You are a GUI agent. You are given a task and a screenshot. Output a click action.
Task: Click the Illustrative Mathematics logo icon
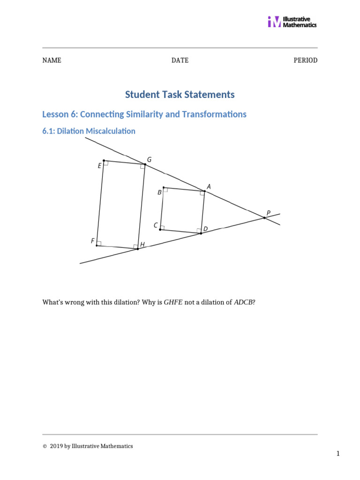click(274, 22)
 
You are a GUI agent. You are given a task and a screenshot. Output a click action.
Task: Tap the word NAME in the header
click(52, 60)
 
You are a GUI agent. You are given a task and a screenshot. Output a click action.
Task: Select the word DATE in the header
click(180, 60)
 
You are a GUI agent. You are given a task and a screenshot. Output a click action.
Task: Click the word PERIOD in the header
click(306, 60)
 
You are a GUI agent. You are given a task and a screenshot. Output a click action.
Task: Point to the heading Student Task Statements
click(180, 95)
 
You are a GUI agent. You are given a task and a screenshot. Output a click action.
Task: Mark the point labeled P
click(264, 217)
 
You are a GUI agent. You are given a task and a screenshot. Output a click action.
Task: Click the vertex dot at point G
click(145, 165)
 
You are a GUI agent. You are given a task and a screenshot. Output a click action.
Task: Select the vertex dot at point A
click(205, 191)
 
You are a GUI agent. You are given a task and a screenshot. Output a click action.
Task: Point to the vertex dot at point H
click(137, 248)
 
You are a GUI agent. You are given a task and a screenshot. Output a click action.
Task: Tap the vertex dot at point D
click(201, 233)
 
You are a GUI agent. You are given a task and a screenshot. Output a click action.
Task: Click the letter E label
click(99, 166)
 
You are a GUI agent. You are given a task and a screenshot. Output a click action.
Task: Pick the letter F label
click(92, 241)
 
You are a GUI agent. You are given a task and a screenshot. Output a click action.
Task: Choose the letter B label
click(159, 192)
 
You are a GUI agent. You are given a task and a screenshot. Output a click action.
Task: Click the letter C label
click(156, 225)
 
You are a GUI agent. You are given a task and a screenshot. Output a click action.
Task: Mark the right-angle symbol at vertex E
click(106, 163)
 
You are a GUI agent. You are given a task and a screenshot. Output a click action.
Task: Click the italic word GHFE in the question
click(173, 302)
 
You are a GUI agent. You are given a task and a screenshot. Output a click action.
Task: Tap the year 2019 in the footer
click(56, 446)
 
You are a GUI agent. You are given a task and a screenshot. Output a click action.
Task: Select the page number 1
click(337, 454)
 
